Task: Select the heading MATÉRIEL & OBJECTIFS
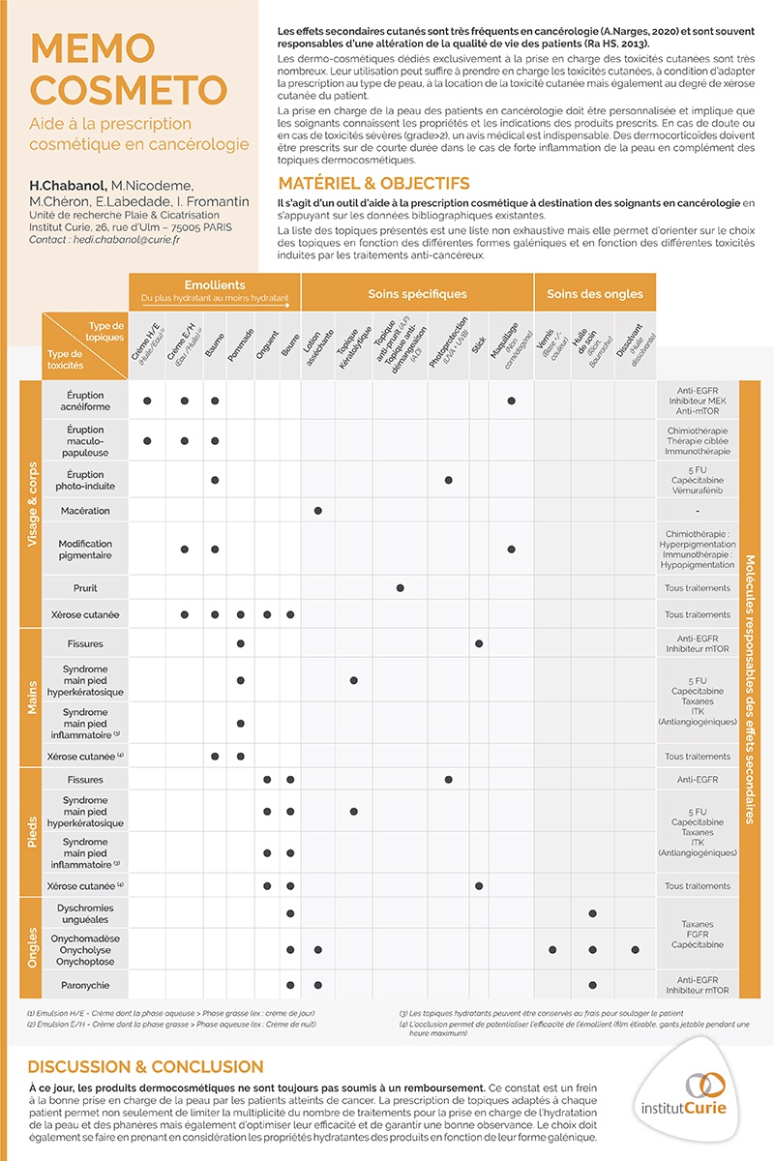(373, 184)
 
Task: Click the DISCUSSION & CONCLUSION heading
(145, 1066)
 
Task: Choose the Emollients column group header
(215, 285)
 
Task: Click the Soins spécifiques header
(417, 293)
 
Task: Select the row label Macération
(85, 511)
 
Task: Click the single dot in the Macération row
(318, 510)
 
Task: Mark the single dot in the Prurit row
(401, 588)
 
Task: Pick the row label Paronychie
(85, 985)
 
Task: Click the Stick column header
(479, 342)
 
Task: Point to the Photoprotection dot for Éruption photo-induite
(449, 480)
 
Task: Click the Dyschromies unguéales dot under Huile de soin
(593, 913)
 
